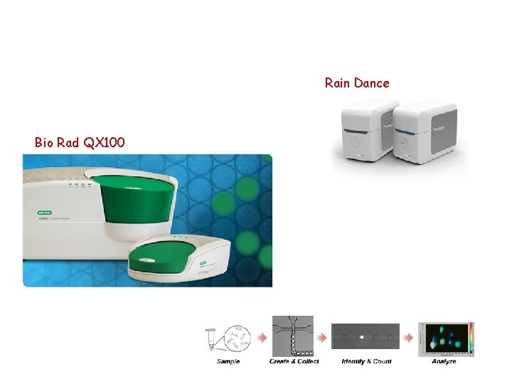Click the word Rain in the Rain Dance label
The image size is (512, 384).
coord(338,83)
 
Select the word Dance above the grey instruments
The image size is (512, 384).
coord(372,83)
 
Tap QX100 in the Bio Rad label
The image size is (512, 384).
coord(105,143)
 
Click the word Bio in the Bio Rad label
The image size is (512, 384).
coord(44,143)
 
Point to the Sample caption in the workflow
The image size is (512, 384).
coord(228,361)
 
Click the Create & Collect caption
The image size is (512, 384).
coord(294,361)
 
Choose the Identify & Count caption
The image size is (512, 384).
coord(366,361)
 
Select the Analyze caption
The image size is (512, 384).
coord(444,361)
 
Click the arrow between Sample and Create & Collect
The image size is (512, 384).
coord(262,336)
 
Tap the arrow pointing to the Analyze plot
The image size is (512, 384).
coord(409,336)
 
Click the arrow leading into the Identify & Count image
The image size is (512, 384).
coord(322,336)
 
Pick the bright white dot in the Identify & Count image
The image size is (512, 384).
coord(361,336)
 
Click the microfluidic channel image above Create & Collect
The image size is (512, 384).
coord(294,336)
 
